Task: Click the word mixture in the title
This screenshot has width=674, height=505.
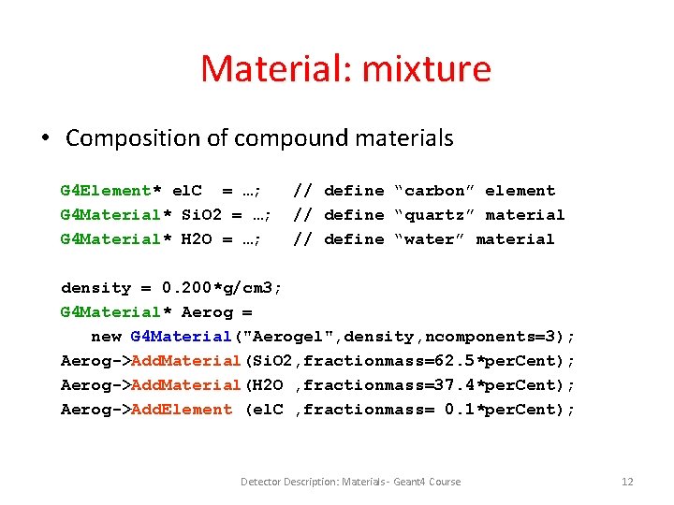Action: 436,68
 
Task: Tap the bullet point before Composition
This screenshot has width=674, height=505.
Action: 44,138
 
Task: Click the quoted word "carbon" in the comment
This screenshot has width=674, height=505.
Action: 434,191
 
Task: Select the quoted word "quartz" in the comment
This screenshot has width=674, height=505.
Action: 434,215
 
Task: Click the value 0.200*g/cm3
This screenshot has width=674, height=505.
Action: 222,288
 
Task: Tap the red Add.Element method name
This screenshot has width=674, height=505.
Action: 182,410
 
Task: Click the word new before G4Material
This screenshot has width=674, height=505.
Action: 106,337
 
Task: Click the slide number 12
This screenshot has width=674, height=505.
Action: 627,482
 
